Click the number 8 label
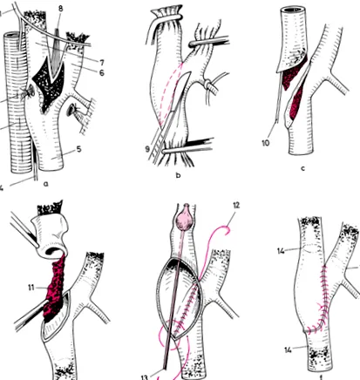pyautogui.click(x=60, y=8)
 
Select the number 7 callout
pyautogui.click(x=102, y=62)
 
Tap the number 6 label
pyautogui.click(x=102, y=72)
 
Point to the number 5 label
pyautogui.click(x=78, y=149)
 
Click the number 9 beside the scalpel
pyautogui.click(x=147, y=149)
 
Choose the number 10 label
pyautogui.click(x=266, y=143)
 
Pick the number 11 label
pyautogui.click(x=31, y=288)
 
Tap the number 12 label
pyautogui.click(x=236, y=205)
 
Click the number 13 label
pyautogui.click(x=145, y=377)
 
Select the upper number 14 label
pyautogui.click(x=281, y=251)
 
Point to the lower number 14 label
pyautogui.click(x=288, y=350)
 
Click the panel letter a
pyautogui.click(x=45, y=184)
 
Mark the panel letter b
pyautogui.click(x=178, y=175)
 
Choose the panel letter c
pyautogui.click(x=303, y=168)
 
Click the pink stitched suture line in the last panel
pyautogui.click(x=321, y=299)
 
